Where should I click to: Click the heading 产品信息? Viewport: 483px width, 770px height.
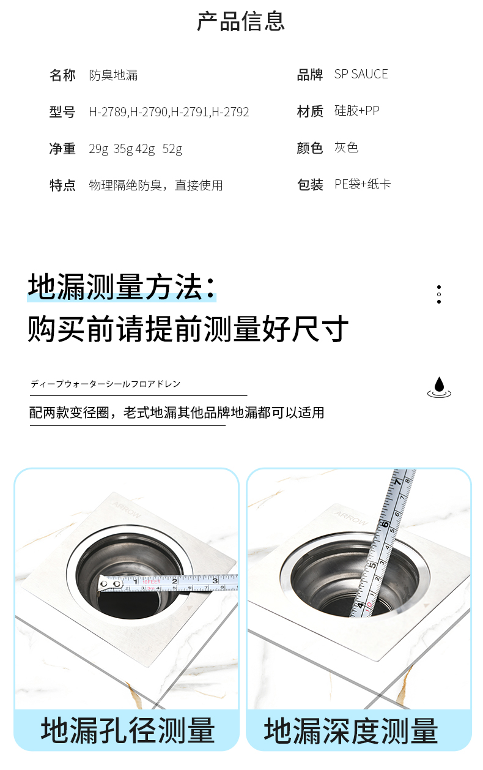point(241,21)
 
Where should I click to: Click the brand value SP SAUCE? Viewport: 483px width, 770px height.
point(361,74)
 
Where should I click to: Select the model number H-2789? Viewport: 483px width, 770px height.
point(108,112)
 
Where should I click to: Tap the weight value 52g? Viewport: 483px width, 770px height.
point(172,149)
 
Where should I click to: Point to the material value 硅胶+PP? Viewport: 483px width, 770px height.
point(357,111)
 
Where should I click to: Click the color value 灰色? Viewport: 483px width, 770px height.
point(347,148)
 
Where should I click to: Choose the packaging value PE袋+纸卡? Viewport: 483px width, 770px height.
point(363,184)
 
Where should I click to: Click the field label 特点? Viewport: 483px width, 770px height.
point(62,185)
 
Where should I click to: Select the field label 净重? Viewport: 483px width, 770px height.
point(62,149)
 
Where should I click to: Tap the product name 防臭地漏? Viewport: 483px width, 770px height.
point(113,75)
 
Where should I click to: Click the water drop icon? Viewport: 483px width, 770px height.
point(439,387)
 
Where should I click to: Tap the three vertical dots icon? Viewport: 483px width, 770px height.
point(439,294)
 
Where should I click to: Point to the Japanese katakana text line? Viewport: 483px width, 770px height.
point(106,384)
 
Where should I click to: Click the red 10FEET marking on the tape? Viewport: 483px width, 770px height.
point(152,582)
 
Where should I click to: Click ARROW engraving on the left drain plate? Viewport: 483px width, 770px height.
point(127,510)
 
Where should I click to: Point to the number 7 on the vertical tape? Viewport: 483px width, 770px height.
point(397,482)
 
